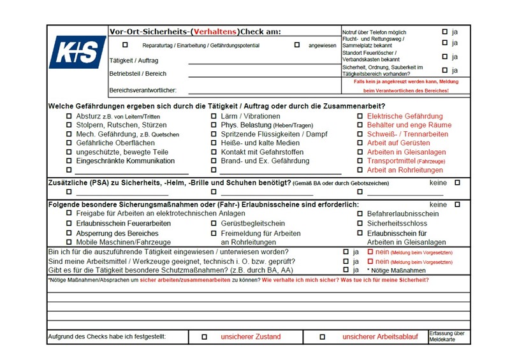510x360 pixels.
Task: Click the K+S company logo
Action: click(x=77, y=52)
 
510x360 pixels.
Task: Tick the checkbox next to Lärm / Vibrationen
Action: click(x=214, y=117)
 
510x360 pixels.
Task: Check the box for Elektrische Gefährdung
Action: click(x=360, y=117)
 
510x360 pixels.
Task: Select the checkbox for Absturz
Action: click(x=69, y=117)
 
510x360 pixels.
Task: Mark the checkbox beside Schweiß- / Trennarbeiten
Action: click(x=360, y=134)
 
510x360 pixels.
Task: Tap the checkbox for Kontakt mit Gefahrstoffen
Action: click(x=214, y=152)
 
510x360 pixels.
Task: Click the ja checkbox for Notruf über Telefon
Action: click(x=445, y=31)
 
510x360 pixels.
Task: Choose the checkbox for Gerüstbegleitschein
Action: click(x=214, y=224)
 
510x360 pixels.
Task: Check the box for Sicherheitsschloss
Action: click(x=360, y=224)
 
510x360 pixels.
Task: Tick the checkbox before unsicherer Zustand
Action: click(x=204, y=336)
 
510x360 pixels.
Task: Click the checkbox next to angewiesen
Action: click(x=296, y=45)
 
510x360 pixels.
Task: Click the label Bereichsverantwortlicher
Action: click(x=143, y=90)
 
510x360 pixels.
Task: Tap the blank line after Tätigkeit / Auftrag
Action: click(x=261, y=63)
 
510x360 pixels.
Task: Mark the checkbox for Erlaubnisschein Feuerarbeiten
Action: click(x=69, y=224)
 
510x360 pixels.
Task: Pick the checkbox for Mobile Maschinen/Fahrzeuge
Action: click(x=69, y=242)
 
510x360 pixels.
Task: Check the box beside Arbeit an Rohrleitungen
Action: click(x=360, y=170)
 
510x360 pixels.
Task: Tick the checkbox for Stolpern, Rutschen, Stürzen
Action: click(x=69, y=126)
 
